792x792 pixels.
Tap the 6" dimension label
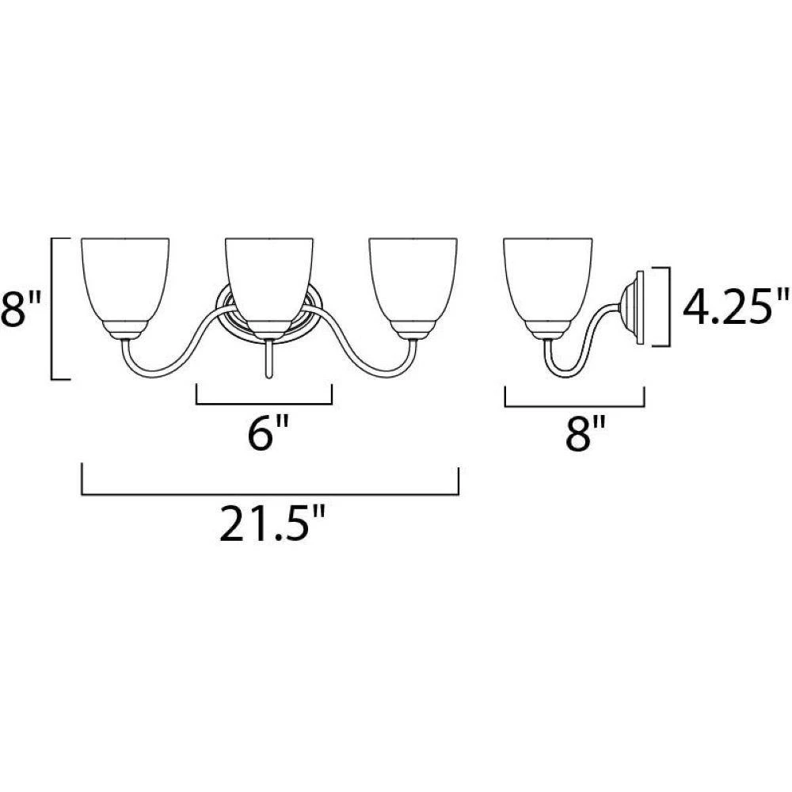tap(268, 432)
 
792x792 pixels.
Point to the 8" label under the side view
tap(585, 432)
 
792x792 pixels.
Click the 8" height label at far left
tap(21, 309)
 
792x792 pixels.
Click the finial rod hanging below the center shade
tap(269, 359)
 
